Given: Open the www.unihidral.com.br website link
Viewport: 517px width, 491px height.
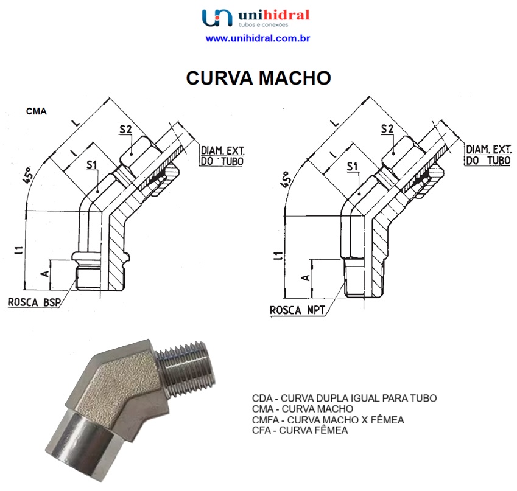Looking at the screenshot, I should pos(258,38).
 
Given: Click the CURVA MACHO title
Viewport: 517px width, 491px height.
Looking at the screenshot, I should pos(258,78).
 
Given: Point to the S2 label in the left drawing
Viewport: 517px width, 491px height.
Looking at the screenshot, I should pos(125,129).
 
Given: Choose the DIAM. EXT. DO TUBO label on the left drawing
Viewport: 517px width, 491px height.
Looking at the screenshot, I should pos(222,156).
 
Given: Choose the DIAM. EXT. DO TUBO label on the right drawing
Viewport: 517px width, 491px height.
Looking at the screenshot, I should pos(488,155).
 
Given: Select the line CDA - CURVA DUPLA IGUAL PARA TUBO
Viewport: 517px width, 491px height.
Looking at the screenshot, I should pos(344,399).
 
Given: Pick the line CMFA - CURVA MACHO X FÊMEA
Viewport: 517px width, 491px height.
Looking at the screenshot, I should pos(328,420).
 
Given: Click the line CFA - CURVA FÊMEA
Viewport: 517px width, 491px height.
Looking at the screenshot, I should pos(300,431).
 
